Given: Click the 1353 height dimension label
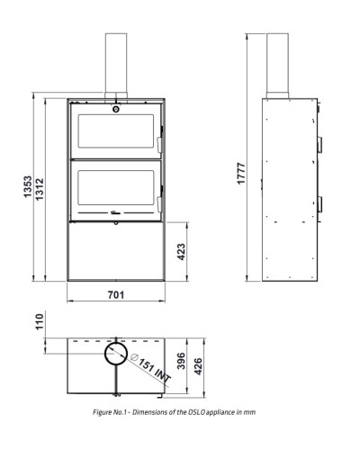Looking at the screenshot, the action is coord(28,187).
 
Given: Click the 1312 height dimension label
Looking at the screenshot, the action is coord(40,190).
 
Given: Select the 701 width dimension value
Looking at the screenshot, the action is coord(116,295).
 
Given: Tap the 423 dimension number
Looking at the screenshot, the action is coord(181,252).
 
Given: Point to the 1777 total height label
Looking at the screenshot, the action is coord(241,174).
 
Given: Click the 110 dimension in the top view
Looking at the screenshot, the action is coord(40,322).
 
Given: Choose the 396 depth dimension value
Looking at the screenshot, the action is coord(181,361).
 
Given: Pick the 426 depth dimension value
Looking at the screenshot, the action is coord(198,366).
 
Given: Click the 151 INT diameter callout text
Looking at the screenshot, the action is coord(151,368).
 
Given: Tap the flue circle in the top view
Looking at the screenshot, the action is coord(104,354).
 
